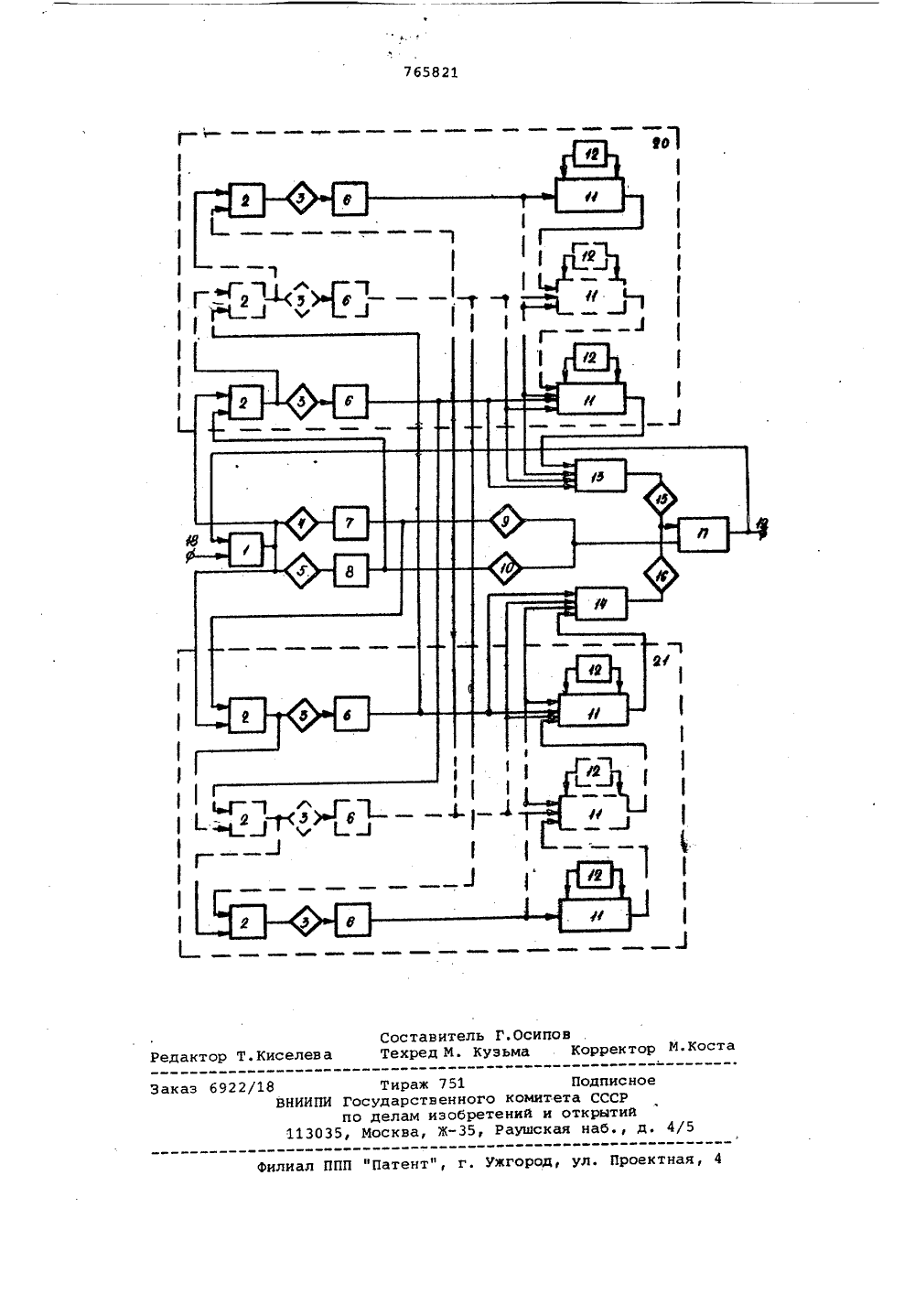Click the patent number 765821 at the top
click(430, 72)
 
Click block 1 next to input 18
click(246, 549)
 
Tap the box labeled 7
click(350, 523)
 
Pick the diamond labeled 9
click(506, 521)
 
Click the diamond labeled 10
click(505, 569)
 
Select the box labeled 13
click(600, 476)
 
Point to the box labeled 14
click(601, 604)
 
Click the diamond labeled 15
click(661, 499)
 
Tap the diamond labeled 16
click(662, 576)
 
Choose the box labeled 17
click(703, 534)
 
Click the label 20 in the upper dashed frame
click(661, 144)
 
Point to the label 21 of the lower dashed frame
click(661, 661)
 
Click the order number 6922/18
click(242, 1087)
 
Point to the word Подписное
click(613, 1080)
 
